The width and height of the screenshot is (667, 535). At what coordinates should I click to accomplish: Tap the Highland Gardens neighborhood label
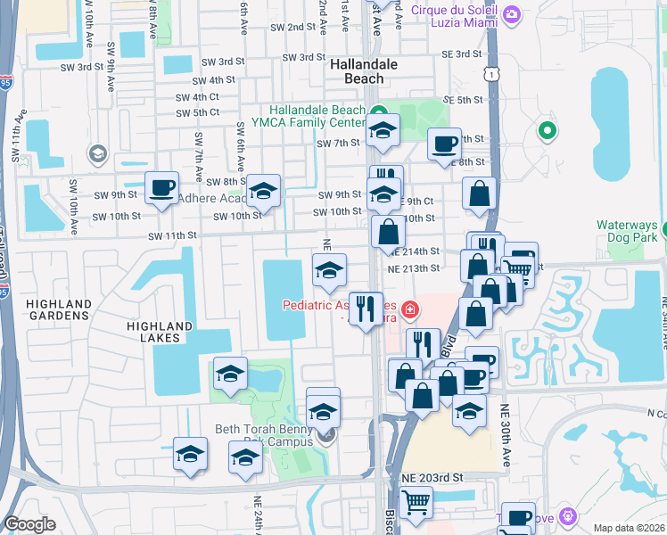tap(59, 310)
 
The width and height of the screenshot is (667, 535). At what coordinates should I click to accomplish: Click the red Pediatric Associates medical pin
tap(409, 310)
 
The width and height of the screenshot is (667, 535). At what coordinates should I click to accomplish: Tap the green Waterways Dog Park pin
tap(547, 132)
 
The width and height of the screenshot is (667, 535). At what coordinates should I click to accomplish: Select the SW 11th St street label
tap(171, 235)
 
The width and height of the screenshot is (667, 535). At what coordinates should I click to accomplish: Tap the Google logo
tap(29, 523)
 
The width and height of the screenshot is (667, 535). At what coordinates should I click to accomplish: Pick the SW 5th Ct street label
tap(197, 112)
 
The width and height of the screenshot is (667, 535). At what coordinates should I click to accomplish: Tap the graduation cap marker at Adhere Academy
tap(263, 191)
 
